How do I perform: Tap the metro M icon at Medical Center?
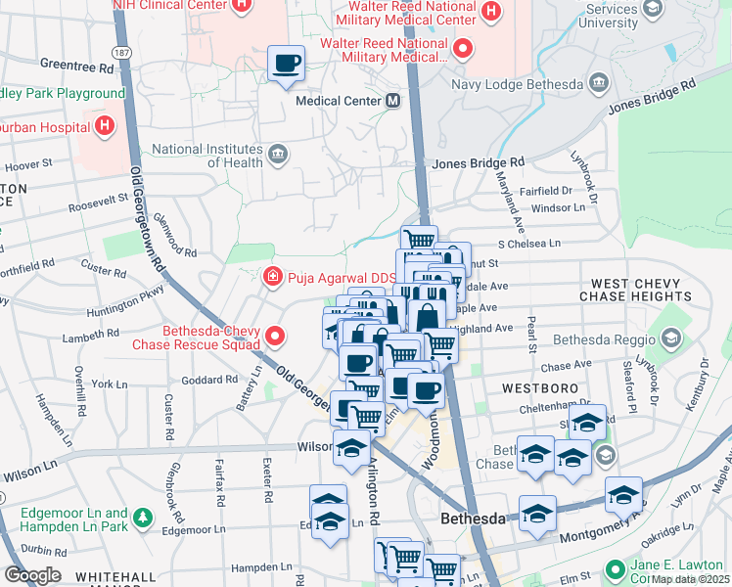pos(392,101)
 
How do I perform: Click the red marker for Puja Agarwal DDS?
pos(275,278)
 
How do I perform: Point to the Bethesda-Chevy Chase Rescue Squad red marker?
pos(275,338)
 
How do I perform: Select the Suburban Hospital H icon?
pos(103,126)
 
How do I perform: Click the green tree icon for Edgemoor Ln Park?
pos(144,516)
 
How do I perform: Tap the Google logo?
pos(32,575)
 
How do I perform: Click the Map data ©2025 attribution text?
pos(690,579)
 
